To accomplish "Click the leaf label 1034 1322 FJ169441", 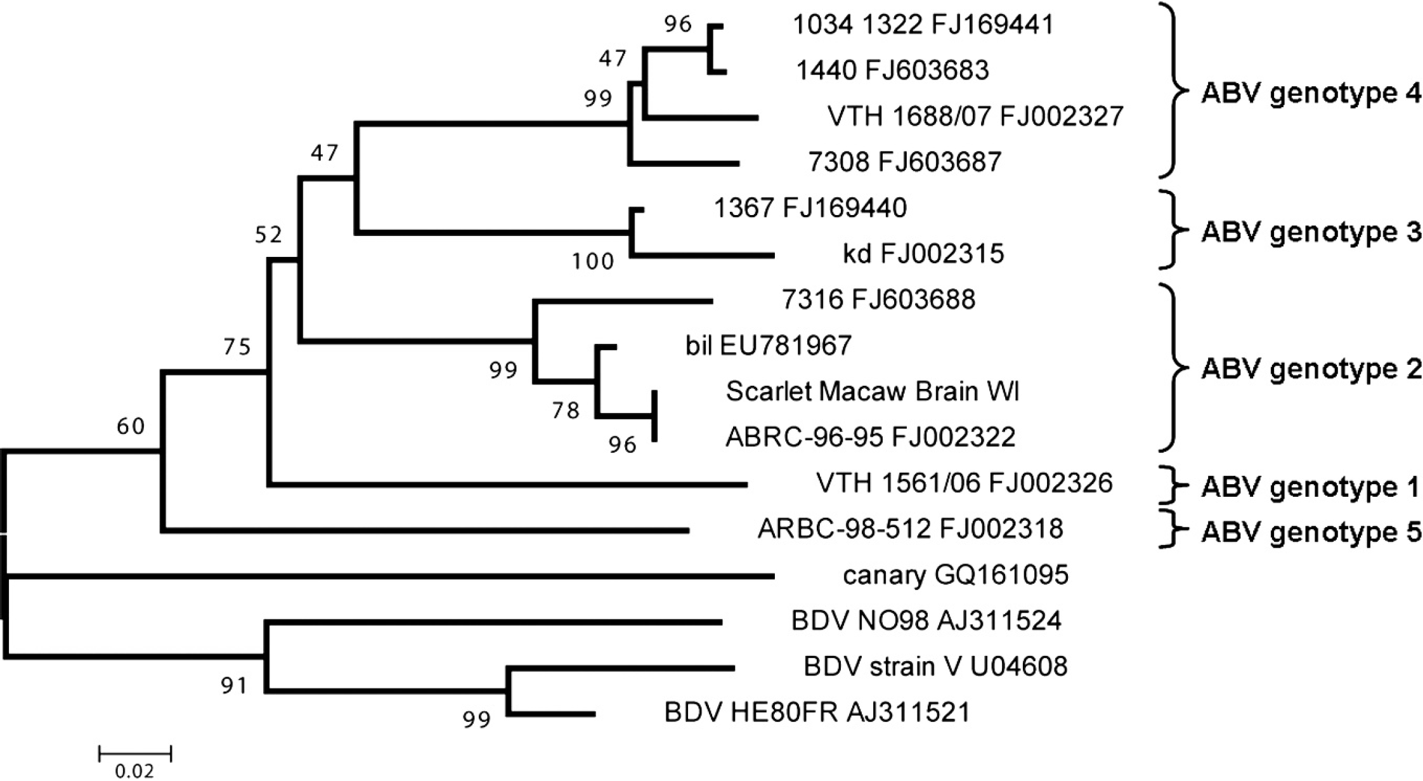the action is [923, 25].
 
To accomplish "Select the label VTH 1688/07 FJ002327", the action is [975, 116].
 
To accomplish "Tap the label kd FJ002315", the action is [923, 254].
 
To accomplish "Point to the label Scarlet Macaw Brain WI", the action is [873, 391].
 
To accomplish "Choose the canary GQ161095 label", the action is [956, 575].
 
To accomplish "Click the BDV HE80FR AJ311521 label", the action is [817, 712].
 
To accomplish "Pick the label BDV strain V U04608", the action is [935, 667].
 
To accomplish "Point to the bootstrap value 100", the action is [593, 261].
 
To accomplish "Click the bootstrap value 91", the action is [233, 685].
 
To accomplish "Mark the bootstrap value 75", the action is [237, 346].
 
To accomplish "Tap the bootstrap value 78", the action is [566, 411].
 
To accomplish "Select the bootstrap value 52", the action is [268, 235].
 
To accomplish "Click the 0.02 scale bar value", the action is [134, 771].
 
